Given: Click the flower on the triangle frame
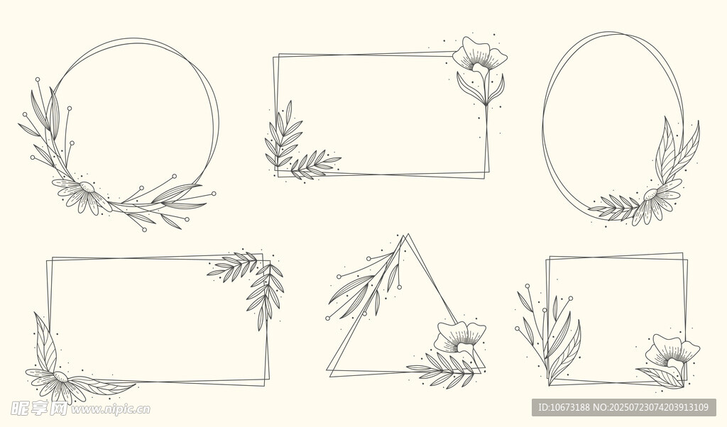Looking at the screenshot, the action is click(x=460, y=339).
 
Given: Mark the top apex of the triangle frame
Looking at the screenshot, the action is click(x=408, y=234).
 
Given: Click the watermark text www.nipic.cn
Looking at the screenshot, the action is click(x=110, y=409).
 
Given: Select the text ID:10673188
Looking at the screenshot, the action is click(x=563, y=408).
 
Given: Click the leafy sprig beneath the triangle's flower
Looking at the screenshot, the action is click(x=444, y=369).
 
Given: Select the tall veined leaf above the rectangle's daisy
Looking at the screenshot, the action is click(x=45, y=343).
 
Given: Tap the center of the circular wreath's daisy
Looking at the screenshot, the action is click(x=87, y=187).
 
